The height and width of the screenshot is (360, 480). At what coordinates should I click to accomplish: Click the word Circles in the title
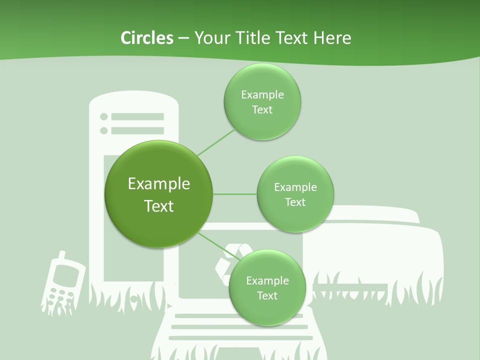146,38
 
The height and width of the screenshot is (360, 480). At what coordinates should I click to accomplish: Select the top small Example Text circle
262,101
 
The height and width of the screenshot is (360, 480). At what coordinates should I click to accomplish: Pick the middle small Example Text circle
295,194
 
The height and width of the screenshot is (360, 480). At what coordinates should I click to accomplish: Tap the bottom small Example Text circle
267,287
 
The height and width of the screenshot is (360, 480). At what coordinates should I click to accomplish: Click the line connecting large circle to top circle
216,142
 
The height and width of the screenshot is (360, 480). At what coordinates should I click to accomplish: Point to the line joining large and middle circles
234,193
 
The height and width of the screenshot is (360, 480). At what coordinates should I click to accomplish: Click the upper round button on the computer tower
104,116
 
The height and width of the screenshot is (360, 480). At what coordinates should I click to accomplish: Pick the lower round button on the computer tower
104,130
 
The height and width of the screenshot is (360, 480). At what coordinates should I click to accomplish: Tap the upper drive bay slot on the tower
137,116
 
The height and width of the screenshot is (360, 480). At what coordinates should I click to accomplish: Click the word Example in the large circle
158,184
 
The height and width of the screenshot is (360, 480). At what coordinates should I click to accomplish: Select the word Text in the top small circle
262,109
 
